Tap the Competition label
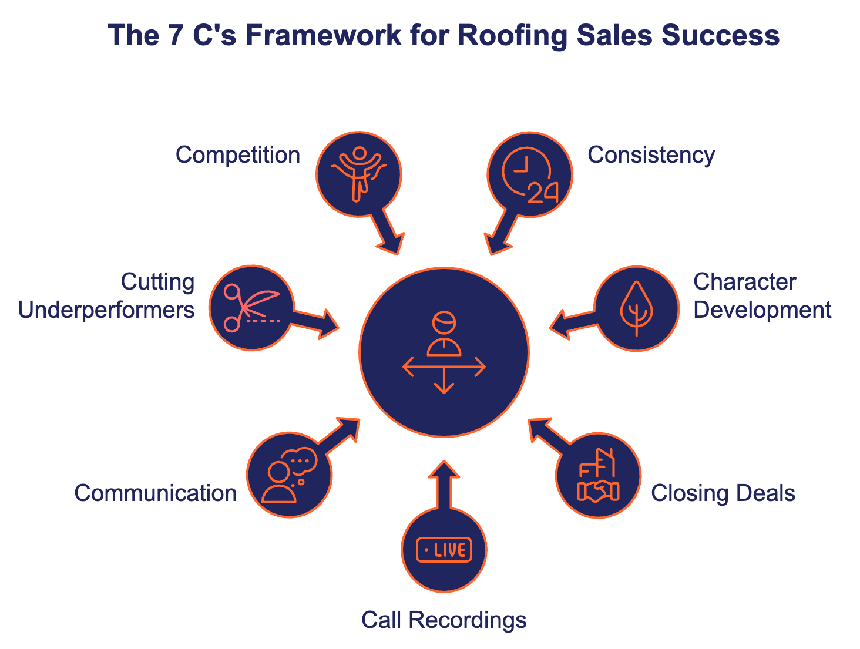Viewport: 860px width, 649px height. tap(238, 155)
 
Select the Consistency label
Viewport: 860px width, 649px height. tap(651, 155)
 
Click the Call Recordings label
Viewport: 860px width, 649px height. tap(444, 620)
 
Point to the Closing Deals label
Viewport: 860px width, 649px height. tap(723, 493)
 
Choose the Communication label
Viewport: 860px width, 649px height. tap(156, 493)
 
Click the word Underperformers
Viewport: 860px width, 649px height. tap(106, 310)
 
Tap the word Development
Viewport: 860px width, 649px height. tap(762, 310)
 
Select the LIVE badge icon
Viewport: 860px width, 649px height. tap(444, 550)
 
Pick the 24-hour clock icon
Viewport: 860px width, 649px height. tap(529, 174)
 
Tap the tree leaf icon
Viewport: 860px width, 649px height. tap(636, 308)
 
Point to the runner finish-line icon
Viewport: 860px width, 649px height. tap(359, 174)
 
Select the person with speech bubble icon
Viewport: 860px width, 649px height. tap(290, 476)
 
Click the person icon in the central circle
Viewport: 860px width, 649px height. tap(444, 334)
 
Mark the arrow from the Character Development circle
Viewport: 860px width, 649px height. tap(572, 322)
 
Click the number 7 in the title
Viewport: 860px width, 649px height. tap(176, 36)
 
